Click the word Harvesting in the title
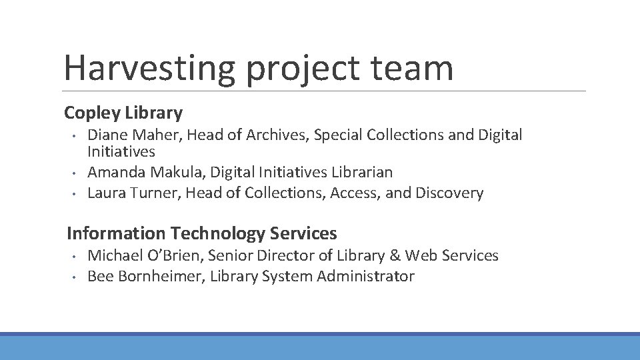click(x=149, y=68)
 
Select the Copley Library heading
click(x=123, y=113)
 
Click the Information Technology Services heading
click(x=202, y=233)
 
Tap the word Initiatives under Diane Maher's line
click(x=121, y=152)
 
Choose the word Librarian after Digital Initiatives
click(x=362, y=172)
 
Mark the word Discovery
click(x=449, y=193)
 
